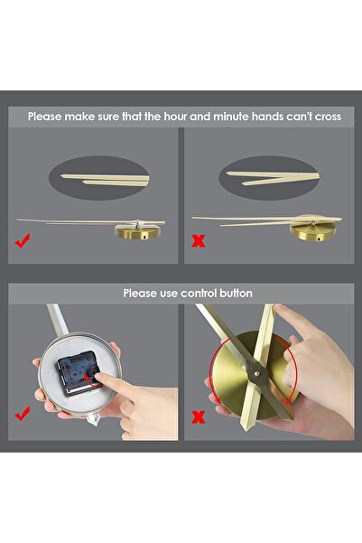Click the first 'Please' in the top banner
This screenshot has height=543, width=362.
45,117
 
